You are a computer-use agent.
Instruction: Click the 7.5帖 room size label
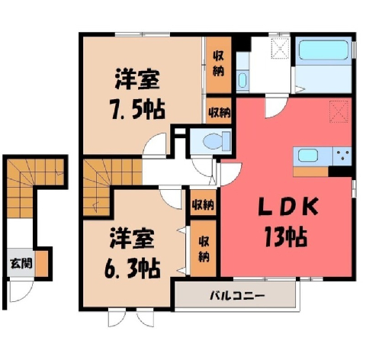tap(137, 110)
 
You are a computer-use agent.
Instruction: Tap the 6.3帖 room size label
tap(132, 268)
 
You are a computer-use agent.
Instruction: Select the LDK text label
tap(288, 207)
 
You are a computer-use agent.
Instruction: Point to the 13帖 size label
tap(286, 237)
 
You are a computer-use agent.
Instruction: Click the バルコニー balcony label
tap(237, 295)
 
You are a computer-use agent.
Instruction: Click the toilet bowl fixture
tap(217, 141)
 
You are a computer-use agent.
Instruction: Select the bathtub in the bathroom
tap(323, 50)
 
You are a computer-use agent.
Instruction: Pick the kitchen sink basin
tap(308, 156)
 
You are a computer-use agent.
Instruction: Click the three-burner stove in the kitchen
tap(342, 156)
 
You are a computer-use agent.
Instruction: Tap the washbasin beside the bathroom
tap(242, 80)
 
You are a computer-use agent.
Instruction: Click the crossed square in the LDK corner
tap(339, 111)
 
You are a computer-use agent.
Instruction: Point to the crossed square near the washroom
tap(281, 48)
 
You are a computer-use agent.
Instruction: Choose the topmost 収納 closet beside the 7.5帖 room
tap(219, 65)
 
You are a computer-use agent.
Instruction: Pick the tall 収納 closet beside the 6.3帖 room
tap(204, 248)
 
